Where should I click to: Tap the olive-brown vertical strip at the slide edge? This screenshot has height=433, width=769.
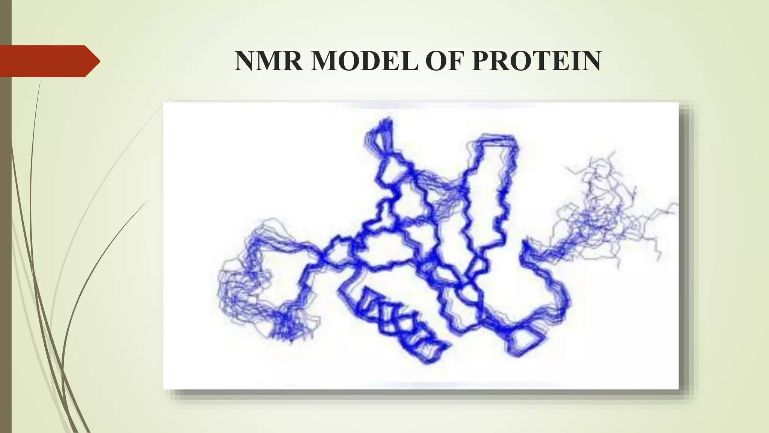coord(5,226)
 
